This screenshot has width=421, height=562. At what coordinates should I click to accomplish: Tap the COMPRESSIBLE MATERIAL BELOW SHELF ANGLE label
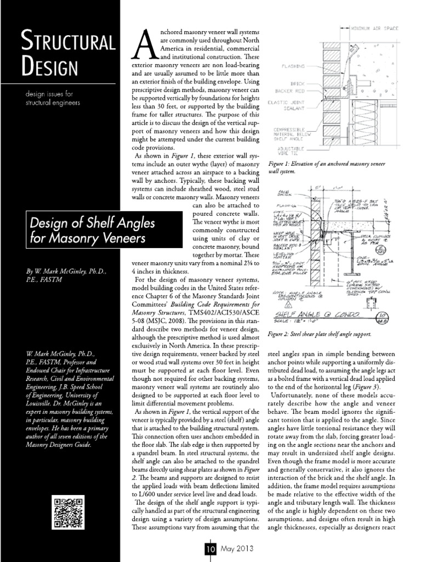pos(290,134)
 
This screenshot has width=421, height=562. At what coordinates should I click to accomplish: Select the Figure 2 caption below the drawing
pos(320,334)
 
